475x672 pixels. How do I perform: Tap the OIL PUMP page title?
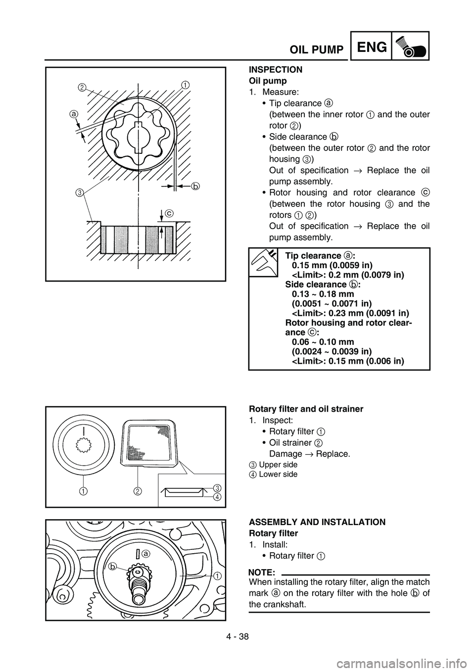click(317, 50)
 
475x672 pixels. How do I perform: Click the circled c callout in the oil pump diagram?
click(169, 213)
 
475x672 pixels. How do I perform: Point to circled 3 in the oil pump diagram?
click(79, 192)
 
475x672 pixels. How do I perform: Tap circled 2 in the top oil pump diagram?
click(81, 88)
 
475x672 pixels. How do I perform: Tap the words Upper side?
click(278, 465)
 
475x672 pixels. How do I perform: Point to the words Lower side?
click(278, 474)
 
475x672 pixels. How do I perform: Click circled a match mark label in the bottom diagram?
click(145, 555)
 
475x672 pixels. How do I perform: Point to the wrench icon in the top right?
click(410, 46)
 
